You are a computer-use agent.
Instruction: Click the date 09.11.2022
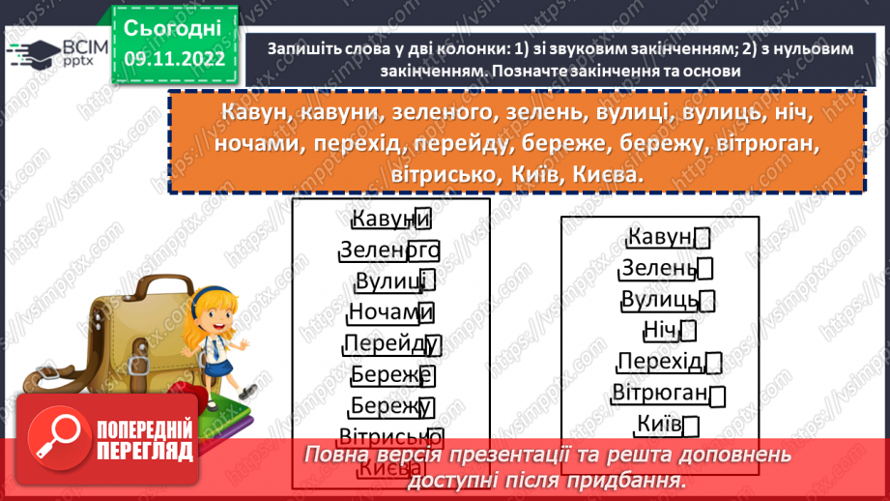pos(174,59)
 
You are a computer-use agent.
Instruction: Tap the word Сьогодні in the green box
pos(174,26)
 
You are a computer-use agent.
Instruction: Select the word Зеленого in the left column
pos(389,250)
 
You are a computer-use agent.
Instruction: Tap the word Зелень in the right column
pos(658,268)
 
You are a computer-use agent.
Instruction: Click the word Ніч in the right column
pos(660,330)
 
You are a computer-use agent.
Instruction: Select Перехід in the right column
pos(660,362)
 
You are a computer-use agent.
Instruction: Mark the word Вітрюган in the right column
pos(660,393)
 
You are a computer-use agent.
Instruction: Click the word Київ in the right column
pos(660,424)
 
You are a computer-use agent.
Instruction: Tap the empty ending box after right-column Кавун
pos(703,237)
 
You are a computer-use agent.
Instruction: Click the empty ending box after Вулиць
pos(707,301)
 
